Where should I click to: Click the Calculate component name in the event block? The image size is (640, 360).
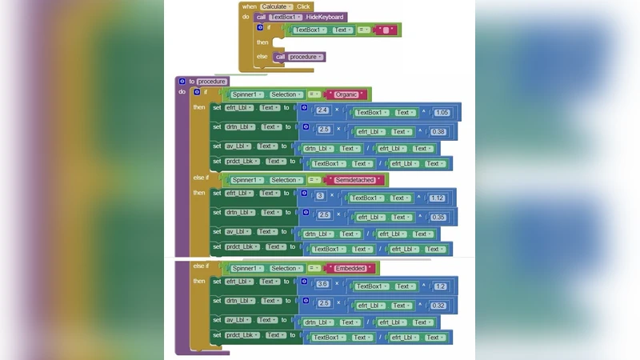click(274, 6)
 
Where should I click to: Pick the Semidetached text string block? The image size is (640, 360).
click(355, 180)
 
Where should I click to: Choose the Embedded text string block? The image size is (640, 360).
click(350, 268)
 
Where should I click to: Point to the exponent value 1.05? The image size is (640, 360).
click(442, 113)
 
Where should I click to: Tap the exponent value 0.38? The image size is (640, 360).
click(438, 131)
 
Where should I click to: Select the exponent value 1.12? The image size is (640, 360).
click(437, 198)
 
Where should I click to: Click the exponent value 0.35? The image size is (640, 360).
click(438, 216)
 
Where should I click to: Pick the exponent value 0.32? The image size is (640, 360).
click(438, 305)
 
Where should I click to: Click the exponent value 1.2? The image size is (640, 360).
click(441, 286)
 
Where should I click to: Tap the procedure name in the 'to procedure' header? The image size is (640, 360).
click(213, 81)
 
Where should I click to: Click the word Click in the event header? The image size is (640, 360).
click(303, 6)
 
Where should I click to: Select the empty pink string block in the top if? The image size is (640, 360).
click(386, 30)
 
